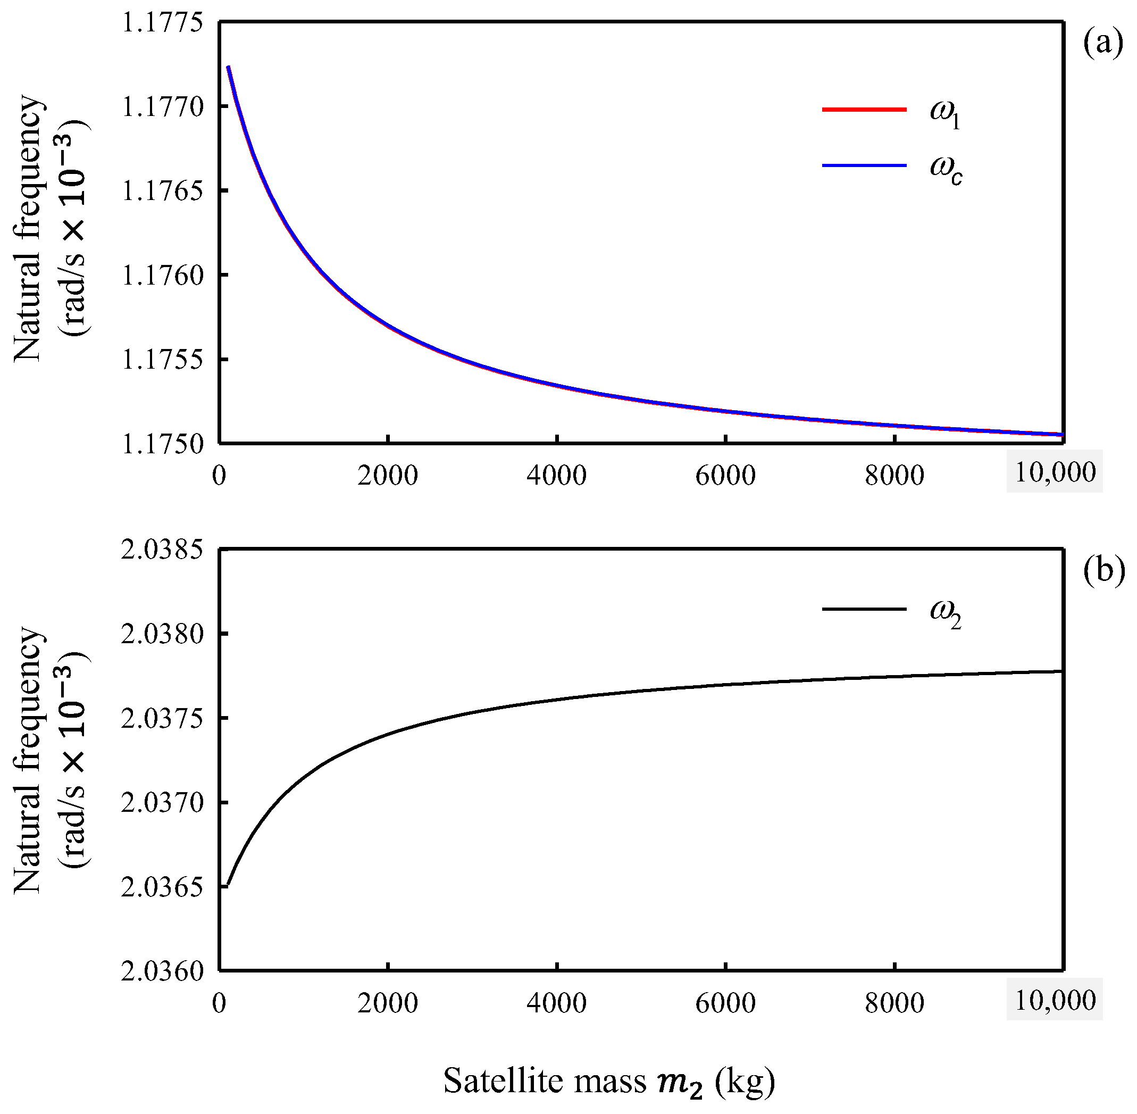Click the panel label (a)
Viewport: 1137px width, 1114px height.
coord(1102,44)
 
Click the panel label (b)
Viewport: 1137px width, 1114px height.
coord(1103,570)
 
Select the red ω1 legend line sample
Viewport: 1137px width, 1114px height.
coord(864,110)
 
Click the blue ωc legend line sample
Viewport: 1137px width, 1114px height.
coord(864,165)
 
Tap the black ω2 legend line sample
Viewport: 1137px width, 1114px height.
coord(864,609)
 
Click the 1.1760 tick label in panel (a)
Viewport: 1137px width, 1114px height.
coord(162,275)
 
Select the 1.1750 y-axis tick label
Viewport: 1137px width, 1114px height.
coord(162,444)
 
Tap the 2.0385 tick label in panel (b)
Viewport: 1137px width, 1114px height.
coord(162,550)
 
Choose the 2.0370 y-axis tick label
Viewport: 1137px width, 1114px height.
coord(162,803)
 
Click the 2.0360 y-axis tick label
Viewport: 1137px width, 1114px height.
coord(162,972)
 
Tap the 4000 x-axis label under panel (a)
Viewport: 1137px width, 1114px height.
coord(556,475)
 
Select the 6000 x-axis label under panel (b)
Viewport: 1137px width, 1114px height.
coord(725,1003)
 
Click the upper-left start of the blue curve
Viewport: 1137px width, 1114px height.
coord(229,66)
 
